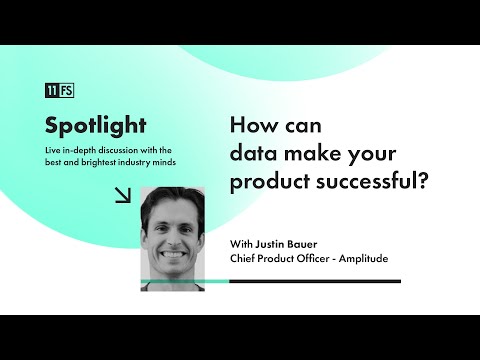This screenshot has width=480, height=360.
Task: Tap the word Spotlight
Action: click(96, 126)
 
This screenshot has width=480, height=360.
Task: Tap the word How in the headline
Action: click(249, 128)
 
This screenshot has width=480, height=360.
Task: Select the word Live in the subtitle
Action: click(55, 150)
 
